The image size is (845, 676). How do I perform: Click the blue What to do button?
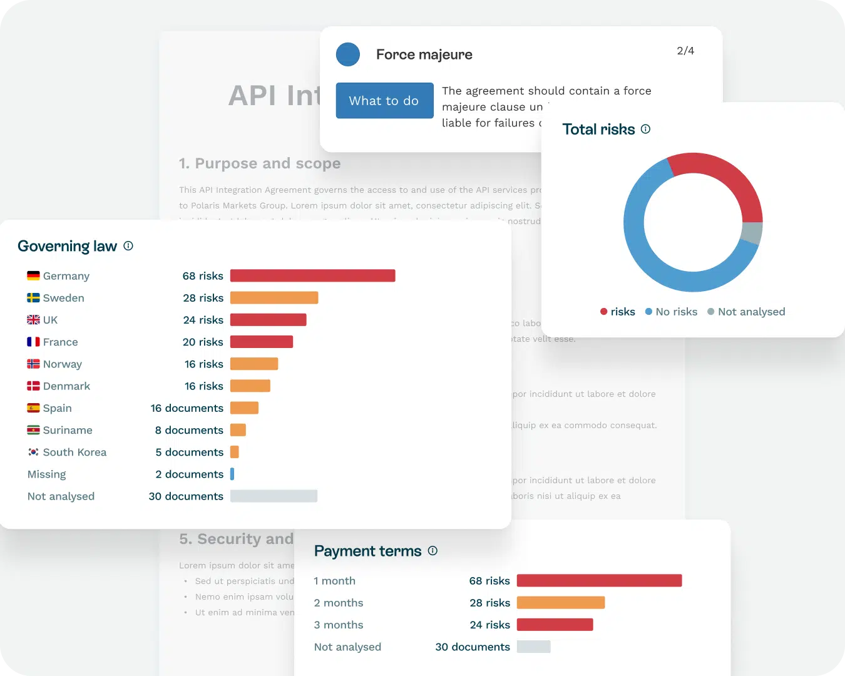384,101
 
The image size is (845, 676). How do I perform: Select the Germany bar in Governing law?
312,275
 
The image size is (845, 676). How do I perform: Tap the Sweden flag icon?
33,298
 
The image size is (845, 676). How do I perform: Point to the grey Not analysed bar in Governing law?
274,496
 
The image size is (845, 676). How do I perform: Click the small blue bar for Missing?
232,474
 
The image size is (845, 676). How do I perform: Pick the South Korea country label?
74,452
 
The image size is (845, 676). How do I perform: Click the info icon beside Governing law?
128,246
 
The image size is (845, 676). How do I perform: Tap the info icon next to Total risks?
645,129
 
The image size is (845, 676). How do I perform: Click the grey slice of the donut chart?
751,233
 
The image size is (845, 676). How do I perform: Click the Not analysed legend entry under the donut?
746,312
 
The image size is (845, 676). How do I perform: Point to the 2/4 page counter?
685,51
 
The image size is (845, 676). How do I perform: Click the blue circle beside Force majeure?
348,54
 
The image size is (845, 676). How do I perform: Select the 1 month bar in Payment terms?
599,581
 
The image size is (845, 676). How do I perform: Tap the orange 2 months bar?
561,603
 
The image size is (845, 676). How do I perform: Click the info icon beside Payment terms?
433,551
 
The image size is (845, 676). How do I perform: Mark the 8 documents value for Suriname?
189,430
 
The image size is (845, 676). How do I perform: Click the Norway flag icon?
33,364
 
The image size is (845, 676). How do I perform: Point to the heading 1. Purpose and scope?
260,163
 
